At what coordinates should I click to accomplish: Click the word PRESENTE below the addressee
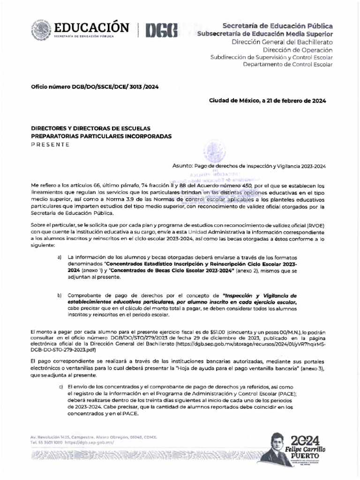point(50,144)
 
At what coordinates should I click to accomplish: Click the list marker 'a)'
point(60,258)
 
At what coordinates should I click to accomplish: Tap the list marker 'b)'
point(60,296)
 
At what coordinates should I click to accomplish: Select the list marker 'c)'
point(60,386)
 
